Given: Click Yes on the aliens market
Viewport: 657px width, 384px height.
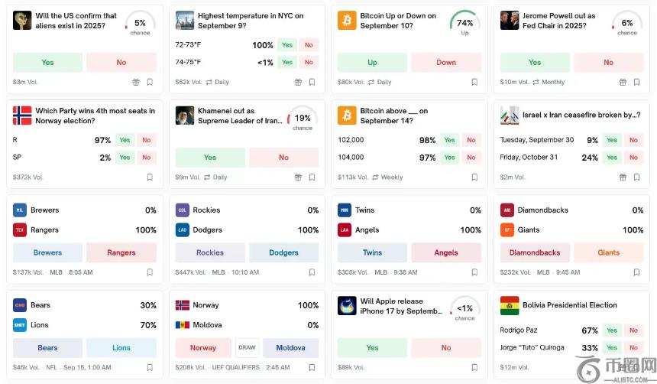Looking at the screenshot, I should pos(47,62).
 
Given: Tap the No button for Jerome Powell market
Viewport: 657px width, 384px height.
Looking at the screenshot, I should pos(608,62).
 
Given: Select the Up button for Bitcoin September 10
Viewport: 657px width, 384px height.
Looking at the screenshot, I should pos(372,62).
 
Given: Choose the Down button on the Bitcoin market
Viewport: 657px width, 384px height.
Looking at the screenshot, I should pos(446,62).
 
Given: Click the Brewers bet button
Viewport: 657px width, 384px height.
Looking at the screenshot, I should pos(47,252).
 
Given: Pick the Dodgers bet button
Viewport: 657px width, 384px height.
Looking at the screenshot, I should pos(283,252).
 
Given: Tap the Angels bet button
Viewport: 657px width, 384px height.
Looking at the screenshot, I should pos(446,252).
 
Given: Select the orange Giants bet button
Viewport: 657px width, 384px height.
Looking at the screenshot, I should pos(608,252).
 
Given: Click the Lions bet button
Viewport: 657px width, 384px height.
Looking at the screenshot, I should pos(121,347).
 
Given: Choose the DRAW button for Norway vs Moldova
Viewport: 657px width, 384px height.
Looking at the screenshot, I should pos(248,347).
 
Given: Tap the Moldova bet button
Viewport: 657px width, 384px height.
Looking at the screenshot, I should pos(290,347).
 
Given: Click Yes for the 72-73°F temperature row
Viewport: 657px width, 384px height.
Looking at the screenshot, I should pos(287,45).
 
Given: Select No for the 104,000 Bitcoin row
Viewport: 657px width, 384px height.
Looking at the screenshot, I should pos(471,158).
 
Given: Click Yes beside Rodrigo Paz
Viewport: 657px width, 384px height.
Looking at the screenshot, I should pos(611,330).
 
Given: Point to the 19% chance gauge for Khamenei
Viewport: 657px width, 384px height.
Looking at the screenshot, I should pos(303,119).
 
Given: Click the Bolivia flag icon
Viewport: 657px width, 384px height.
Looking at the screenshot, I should pos(510,305).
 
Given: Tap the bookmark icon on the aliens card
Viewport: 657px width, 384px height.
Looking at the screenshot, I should pos(150,82).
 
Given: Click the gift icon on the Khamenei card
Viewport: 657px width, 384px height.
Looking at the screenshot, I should pos(298,177).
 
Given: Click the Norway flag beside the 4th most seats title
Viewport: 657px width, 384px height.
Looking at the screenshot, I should pos(22,116).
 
